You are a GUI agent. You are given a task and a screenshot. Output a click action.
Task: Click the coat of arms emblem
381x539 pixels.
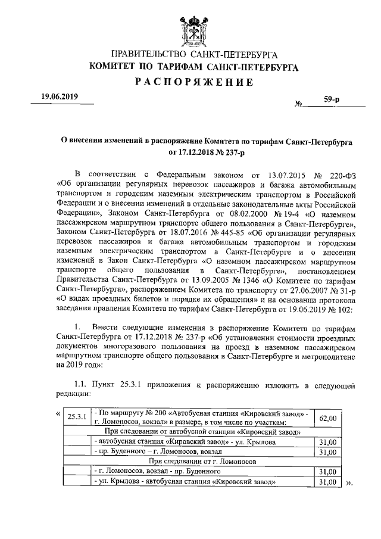point(190,29)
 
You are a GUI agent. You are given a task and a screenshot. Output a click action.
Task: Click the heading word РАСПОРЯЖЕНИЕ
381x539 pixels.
point(190,82)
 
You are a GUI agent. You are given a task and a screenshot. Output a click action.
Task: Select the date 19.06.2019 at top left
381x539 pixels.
point(60,96)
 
